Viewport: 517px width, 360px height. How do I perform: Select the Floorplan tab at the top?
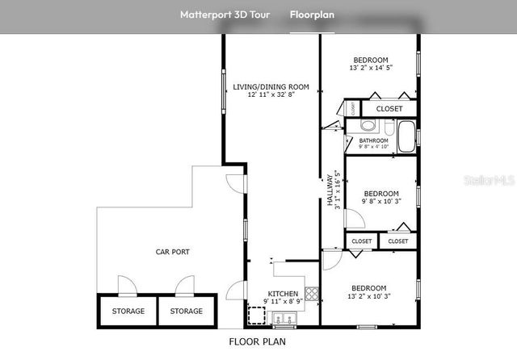coord(313,15)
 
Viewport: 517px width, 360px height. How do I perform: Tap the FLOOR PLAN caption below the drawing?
coord(257,341)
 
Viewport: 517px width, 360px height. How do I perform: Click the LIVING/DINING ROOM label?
coord(271,86)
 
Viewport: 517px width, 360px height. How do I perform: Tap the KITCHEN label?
coord(284,294)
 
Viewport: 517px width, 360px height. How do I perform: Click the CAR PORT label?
coord(172,252)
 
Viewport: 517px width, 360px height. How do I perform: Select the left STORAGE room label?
coord(128,311)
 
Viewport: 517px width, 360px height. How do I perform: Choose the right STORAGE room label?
coord(187,311)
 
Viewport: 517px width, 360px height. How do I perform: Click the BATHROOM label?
coord(373,140)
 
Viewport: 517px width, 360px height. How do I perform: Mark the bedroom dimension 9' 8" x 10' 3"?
coord(380,202)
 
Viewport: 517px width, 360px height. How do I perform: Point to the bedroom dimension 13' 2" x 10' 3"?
coord(368,296)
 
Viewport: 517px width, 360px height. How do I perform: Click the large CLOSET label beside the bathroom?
coord(389,108)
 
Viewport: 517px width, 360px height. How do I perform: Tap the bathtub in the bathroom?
coord(403,132)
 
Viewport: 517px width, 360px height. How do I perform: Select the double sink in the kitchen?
coord(284,317)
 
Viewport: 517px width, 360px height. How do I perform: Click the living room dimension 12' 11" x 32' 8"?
coord(271,95)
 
